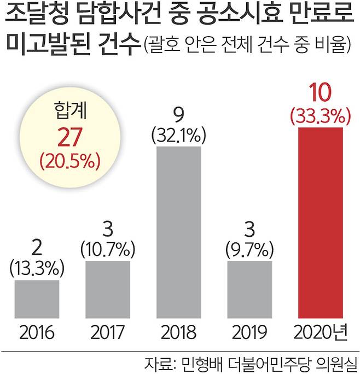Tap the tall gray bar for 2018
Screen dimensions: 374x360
[179, 232]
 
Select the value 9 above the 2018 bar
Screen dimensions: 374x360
[179, 116]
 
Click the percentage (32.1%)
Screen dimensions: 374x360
[179, 135]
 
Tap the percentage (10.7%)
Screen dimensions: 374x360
[108, 250]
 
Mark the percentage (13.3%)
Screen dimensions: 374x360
[37, 268]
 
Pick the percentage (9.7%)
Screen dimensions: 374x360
[249, 250]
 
